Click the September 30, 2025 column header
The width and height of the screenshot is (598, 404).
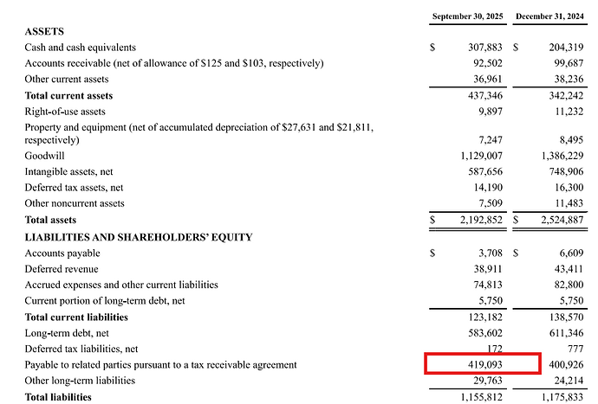pos(467,16)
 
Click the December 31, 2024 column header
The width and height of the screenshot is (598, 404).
pos(549,16)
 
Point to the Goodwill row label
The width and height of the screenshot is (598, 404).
pos(45,156)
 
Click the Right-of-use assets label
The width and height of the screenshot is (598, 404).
pos(65,112)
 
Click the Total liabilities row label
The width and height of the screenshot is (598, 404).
pos(58,397)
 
